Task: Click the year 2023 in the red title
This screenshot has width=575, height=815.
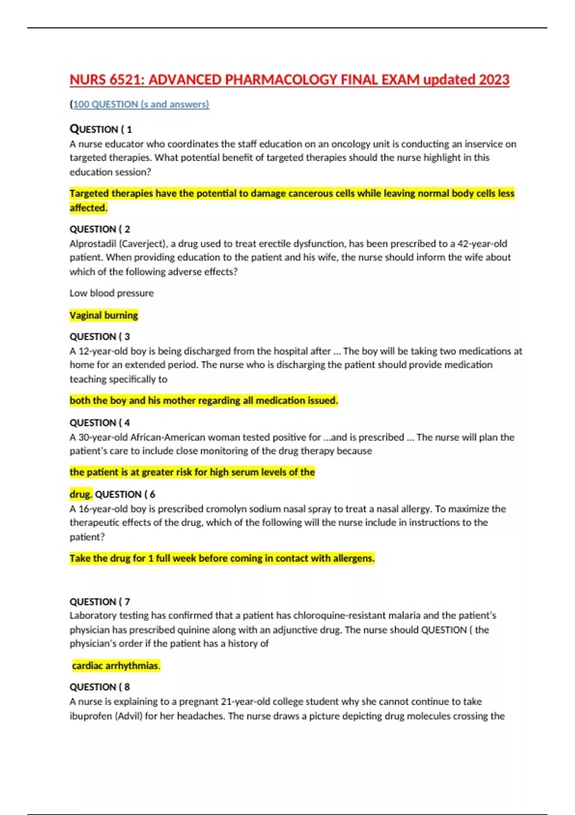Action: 494,80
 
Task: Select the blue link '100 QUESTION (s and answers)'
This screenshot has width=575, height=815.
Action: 141,105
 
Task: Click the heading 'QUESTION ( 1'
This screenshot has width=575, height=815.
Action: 101,129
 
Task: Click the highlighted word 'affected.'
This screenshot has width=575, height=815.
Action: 88,208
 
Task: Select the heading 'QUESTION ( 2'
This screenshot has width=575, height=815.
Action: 100,229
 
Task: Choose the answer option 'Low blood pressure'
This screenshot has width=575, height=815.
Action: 112,293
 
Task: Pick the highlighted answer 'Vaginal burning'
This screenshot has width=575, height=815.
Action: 103,315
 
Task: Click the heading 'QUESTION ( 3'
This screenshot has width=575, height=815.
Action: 100,337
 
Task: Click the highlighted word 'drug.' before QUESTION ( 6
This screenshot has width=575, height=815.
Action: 80,494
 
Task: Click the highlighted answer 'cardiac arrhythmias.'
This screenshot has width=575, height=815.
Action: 116,665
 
